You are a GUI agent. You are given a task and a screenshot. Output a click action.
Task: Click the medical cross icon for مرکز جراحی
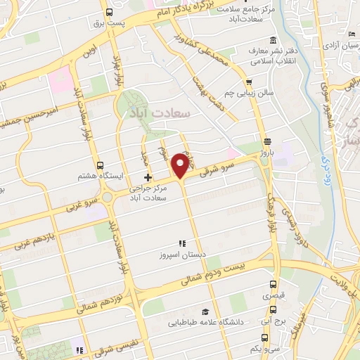[147, 176]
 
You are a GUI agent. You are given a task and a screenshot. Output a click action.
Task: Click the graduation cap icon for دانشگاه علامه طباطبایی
[205, 311]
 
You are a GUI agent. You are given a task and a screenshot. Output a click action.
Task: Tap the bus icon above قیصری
[274, 285]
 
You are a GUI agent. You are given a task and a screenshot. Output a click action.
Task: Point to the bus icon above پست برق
[110, 12]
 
